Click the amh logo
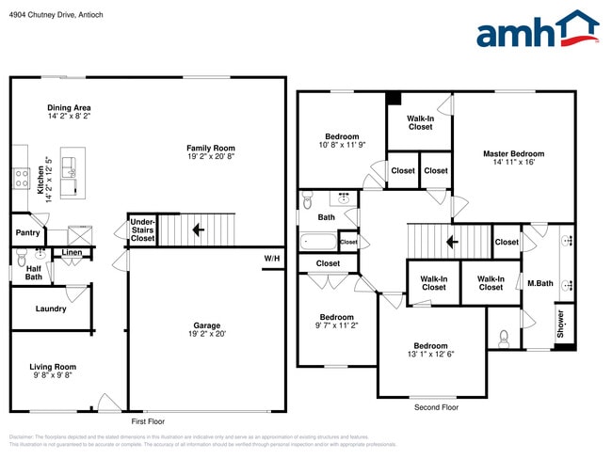[x=537, y=30]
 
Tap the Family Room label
[x=210, y=148]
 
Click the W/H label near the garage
[x=271, y=258]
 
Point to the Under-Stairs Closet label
[x=142, y=231]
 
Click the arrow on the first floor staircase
[x=198, y=229]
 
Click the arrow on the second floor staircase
[x=452, y=241]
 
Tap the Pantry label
[x=26, y=231]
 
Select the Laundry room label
[x=50, y=309]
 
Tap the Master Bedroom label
[x=513, y=153]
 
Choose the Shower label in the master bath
[x=560, y=324]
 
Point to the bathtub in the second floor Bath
[x=317, y=242]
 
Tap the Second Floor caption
[x=436, y=407]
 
